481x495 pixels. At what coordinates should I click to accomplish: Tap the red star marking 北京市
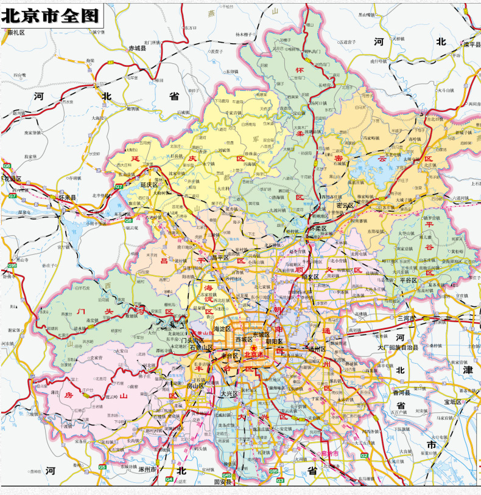tap(245, 347)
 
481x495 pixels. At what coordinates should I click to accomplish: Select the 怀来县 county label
tap(68, 198)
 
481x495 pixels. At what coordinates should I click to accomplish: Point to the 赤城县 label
tap(138, 47)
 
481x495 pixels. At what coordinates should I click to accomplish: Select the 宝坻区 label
tap(453, 402)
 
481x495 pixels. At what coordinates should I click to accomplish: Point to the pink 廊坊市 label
tap(329, 453)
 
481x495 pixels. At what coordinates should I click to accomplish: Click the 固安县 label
tap(224, 482)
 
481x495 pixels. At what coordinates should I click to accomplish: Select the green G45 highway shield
tap(226, 474)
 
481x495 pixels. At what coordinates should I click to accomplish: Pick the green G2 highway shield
tap(363, 455)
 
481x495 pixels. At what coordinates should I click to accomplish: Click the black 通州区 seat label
tap(317, 350)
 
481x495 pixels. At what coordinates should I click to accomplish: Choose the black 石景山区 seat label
tap(200, 348)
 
